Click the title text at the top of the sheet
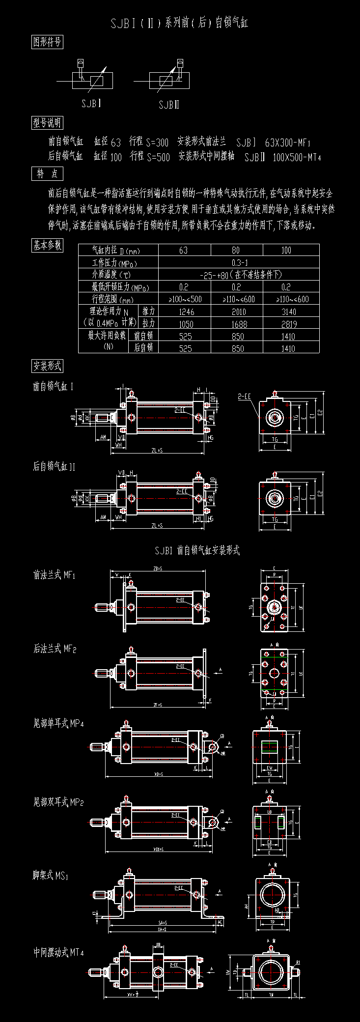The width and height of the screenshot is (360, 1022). click(180, 23)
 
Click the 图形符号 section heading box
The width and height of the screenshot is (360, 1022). click(47, 42)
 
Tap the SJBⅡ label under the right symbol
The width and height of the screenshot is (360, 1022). click(169, 105)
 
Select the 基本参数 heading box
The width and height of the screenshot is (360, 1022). click(47, 246)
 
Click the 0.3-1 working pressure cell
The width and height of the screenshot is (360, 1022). click(239, 262)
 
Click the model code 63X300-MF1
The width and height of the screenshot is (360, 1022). click(288, 143)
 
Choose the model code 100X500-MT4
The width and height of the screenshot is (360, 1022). click(297, 157)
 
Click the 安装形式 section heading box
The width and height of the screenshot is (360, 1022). click(47, 366)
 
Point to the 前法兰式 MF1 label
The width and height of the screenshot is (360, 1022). click(55, 575)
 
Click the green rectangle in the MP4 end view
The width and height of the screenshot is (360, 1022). click(270, 746)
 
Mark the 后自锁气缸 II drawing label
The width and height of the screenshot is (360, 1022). click(54, 466)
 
